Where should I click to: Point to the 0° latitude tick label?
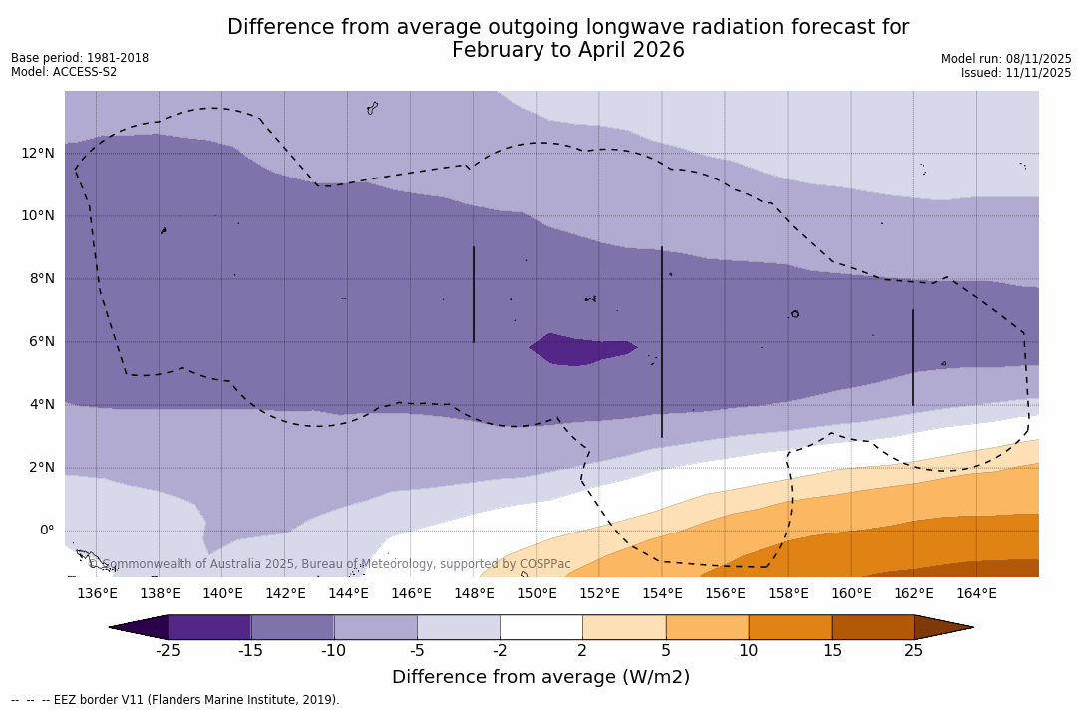[46, 530]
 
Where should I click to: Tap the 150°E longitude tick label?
[537, 593]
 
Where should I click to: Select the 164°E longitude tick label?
[976, 593]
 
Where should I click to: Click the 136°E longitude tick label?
[97, 593]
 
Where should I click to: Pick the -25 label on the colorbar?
[168, 651]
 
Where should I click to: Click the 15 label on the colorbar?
[831, 651]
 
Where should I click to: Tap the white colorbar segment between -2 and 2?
[541, 627]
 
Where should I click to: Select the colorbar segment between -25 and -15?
[209, 627]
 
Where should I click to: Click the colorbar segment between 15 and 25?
[873, 627]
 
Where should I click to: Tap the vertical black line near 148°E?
[474, 294]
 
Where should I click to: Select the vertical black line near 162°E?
[912, 357]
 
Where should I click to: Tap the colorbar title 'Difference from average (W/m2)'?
[541, 677]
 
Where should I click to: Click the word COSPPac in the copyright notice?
[544, 564]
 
